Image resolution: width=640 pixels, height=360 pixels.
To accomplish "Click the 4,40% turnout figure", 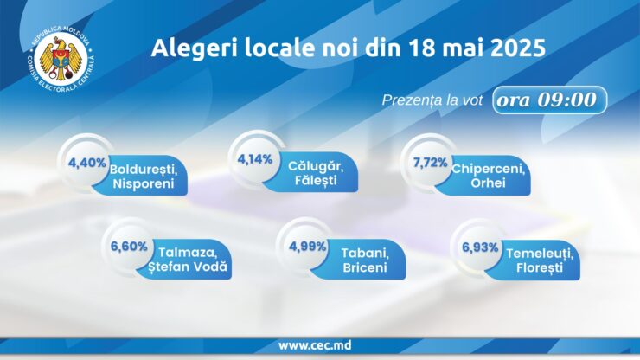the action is (87, 163).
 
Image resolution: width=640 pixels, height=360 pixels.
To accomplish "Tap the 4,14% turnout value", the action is (255, 159).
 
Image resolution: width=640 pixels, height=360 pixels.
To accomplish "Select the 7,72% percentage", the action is (430, 163).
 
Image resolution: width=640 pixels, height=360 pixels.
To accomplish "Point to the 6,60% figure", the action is (129, 247).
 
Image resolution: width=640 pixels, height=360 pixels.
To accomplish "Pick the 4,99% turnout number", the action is (308, 247).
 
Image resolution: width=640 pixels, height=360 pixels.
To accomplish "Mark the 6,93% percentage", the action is (480, 247).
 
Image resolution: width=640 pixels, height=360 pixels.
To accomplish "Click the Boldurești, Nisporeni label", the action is (144, 177).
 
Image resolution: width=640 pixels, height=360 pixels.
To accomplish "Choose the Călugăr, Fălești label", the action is (316, 173).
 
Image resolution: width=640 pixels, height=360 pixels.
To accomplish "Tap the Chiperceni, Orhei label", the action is (488, 176).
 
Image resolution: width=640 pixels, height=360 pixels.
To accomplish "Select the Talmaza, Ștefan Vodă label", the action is (188, 260).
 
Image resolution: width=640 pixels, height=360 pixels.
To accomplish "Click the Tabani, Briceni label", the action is (365, 260).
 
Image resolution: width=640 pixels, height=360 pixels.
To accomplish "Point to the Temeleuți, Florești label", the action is (540, 260).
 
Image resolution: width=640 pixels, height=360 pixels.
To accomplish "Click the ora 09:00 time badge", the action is (549, 100).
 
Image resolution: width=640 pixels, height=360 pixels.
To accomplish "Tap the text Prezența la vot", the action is (432, 100).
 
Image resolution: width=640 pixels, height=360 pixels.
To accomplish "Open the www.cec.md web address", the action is (315, 345).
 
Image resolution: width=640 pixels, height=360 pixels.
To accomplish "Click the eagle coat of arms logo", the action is (61, 58).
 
